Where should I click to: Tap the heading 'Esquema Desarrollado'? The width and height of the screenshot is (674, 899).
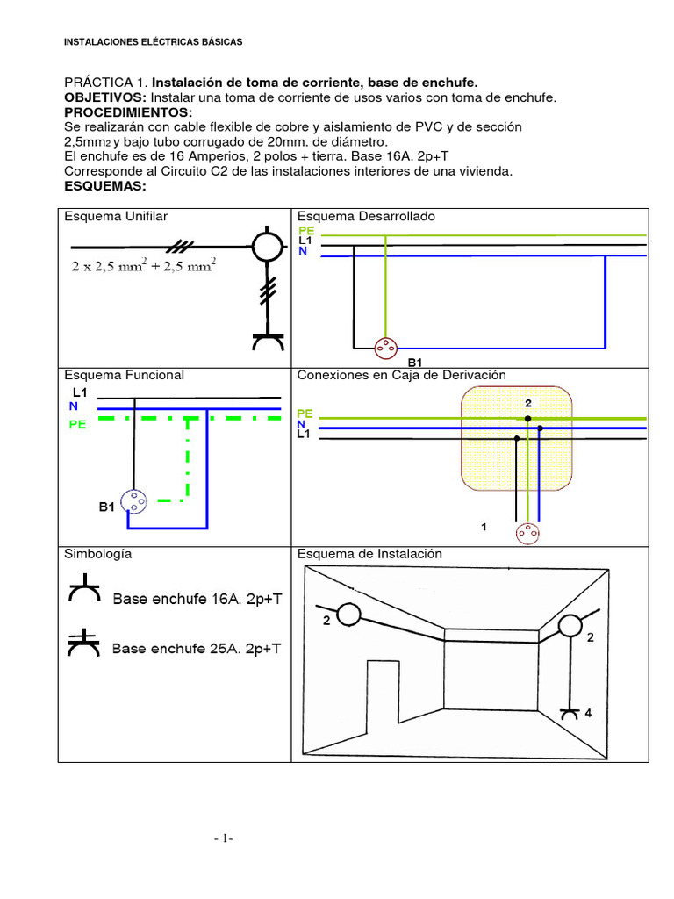pos(366,216)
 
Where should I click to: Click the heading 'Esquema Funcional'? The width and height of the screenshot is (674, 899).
pos(123,375)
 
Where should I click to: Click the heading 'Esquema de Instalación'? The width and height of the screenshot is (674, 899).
pos(369,554)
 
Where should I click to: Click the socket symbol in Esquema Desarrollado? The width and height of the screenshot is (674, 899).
pos(384,349)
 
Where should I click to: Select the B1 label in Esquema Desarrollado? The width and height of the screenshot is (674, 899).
pos(415,362)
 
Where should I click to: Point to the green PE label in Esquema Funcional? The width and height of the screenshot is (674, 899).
pos(78,424)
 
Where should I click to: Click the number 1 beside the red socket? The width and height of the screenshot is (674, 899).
pos(484,527)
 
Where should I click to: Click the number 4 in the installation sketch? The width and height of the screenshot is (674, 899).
pos(588,714)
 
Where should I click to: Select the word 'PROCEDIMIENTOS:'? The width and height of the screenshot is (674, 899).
pos(128,113)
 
